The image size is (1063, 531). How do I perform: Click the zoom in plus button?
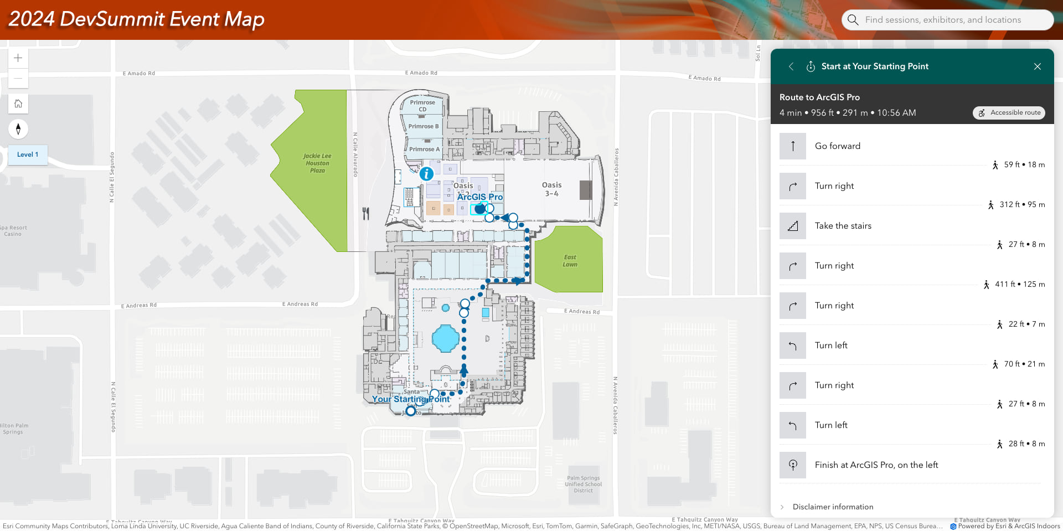click(x=18, y=58)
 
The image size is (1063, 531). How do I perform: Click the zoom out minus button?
click(x=18, y=79)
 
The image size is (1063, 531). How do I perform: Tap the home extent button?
click(x=18, y=104)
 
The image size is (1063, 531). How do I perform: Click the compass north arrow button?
click(x=18, y=129)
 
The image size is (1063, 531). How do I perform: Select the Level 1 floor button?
click(x=28, y=154)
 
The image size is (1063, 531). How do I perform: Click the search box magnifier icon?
click(x=853, y=20)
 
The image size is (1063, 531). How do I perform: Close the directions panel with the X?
click(x=1037, y=66)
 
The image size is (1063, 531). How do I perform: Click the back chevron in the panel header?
click(x=791, y=66)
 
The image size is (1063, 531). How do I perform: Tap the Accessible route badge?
click(x=1009, y=113)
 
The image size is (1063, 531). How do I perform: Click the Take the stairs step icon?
click(x=793, y=226)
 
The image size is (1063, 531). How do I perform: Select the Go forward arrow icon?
click(x=793, y=146)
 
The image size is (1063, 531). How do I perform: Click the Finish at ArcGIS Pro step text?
click(x=876, y=465)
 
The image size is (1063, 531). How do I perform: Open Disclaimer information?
click(x=833, y=507)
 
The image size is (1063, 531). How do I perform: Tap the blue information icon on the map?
click(x=426, y=174)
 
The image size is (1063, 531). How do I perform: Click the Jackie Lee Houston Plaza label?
click(x=317, y=163)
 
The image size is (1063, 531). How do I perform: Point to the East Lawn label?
click(x=570, y=261)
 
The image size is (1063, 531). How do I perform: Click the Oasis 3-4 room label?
click(x=551, y=189)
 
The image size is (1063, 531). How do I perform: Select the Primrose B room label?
click(x=423, y=126)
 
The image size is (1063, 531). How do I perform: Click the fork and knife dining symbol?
click(x=366, y=213)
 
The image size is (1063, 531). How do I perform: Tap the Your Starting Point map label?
click(x=411, y=399)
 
